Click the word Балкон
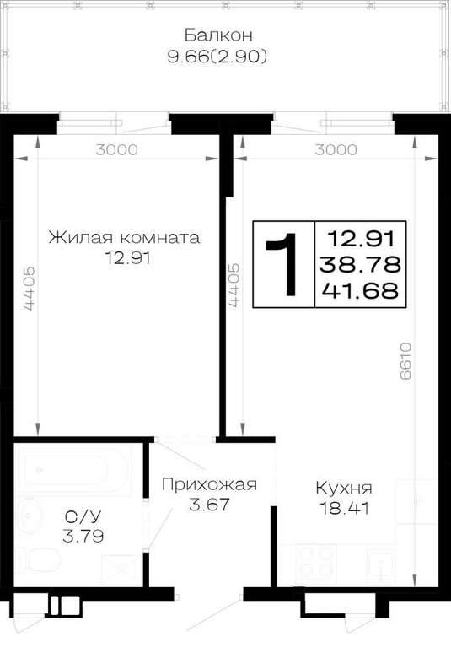point(218,35)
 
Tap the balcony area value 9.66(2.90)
point(217,57)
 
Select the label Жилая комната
point(124,238)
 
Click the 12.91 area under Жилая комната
point(127,258)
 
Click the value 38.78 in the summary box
point(361,264)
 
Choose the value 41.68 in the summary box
point(361,290)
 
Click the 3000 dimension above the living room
point(117,149)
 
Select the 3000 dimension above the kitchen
point(336,149)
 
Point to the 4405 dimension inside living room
point(29,289)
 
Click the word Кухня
point(344,488)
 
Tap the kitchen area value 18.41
point(345,508)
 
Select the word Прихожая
point(209,484)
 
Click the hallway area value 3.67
point(209,505)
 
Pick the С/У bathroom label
point(83,516)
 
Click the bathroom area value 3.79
point(83,537)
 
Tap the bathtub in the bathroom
point(74,469)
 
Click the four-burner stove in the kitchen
point(316,563)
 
